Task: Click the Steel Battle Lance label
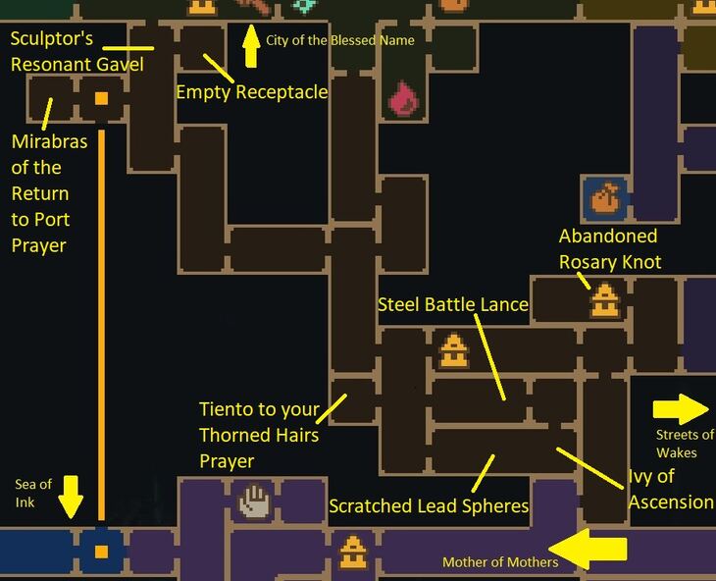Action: [x=453, y=305]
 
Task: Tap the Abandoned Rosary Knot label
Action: [x=608, y=249]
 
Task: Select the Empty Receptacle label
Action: [x=251, y=92]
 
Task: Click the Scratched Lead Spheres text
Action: [x=429, y=506]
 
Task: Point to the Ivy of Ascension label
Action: [x=671, y=489]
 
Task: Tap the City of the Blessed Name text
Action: [x=340, y=41]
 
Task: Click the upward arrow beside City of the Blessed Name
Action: [x=251, y=46]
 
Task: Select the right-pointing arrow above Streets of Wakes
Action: [x=681, y=408]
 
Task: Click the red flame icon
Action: [x=403, y=98]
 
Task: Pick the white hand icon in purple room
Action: [x=254, y=502]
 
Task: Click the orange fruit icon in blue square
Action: [x=603, y=198]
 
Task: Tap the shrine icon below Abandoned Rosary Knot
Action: [x=604, y=299]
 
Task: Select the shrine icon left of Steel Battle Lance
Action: [x=451, y=350]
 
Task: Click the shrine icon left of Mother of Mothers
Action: [x=352, y=553]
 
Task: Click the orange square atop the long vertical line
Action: [x=101, y=98]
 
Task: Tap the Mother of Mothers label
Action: [x=500, y=562]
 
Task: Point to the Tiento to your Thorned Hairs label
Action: [x=260, y=434]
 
